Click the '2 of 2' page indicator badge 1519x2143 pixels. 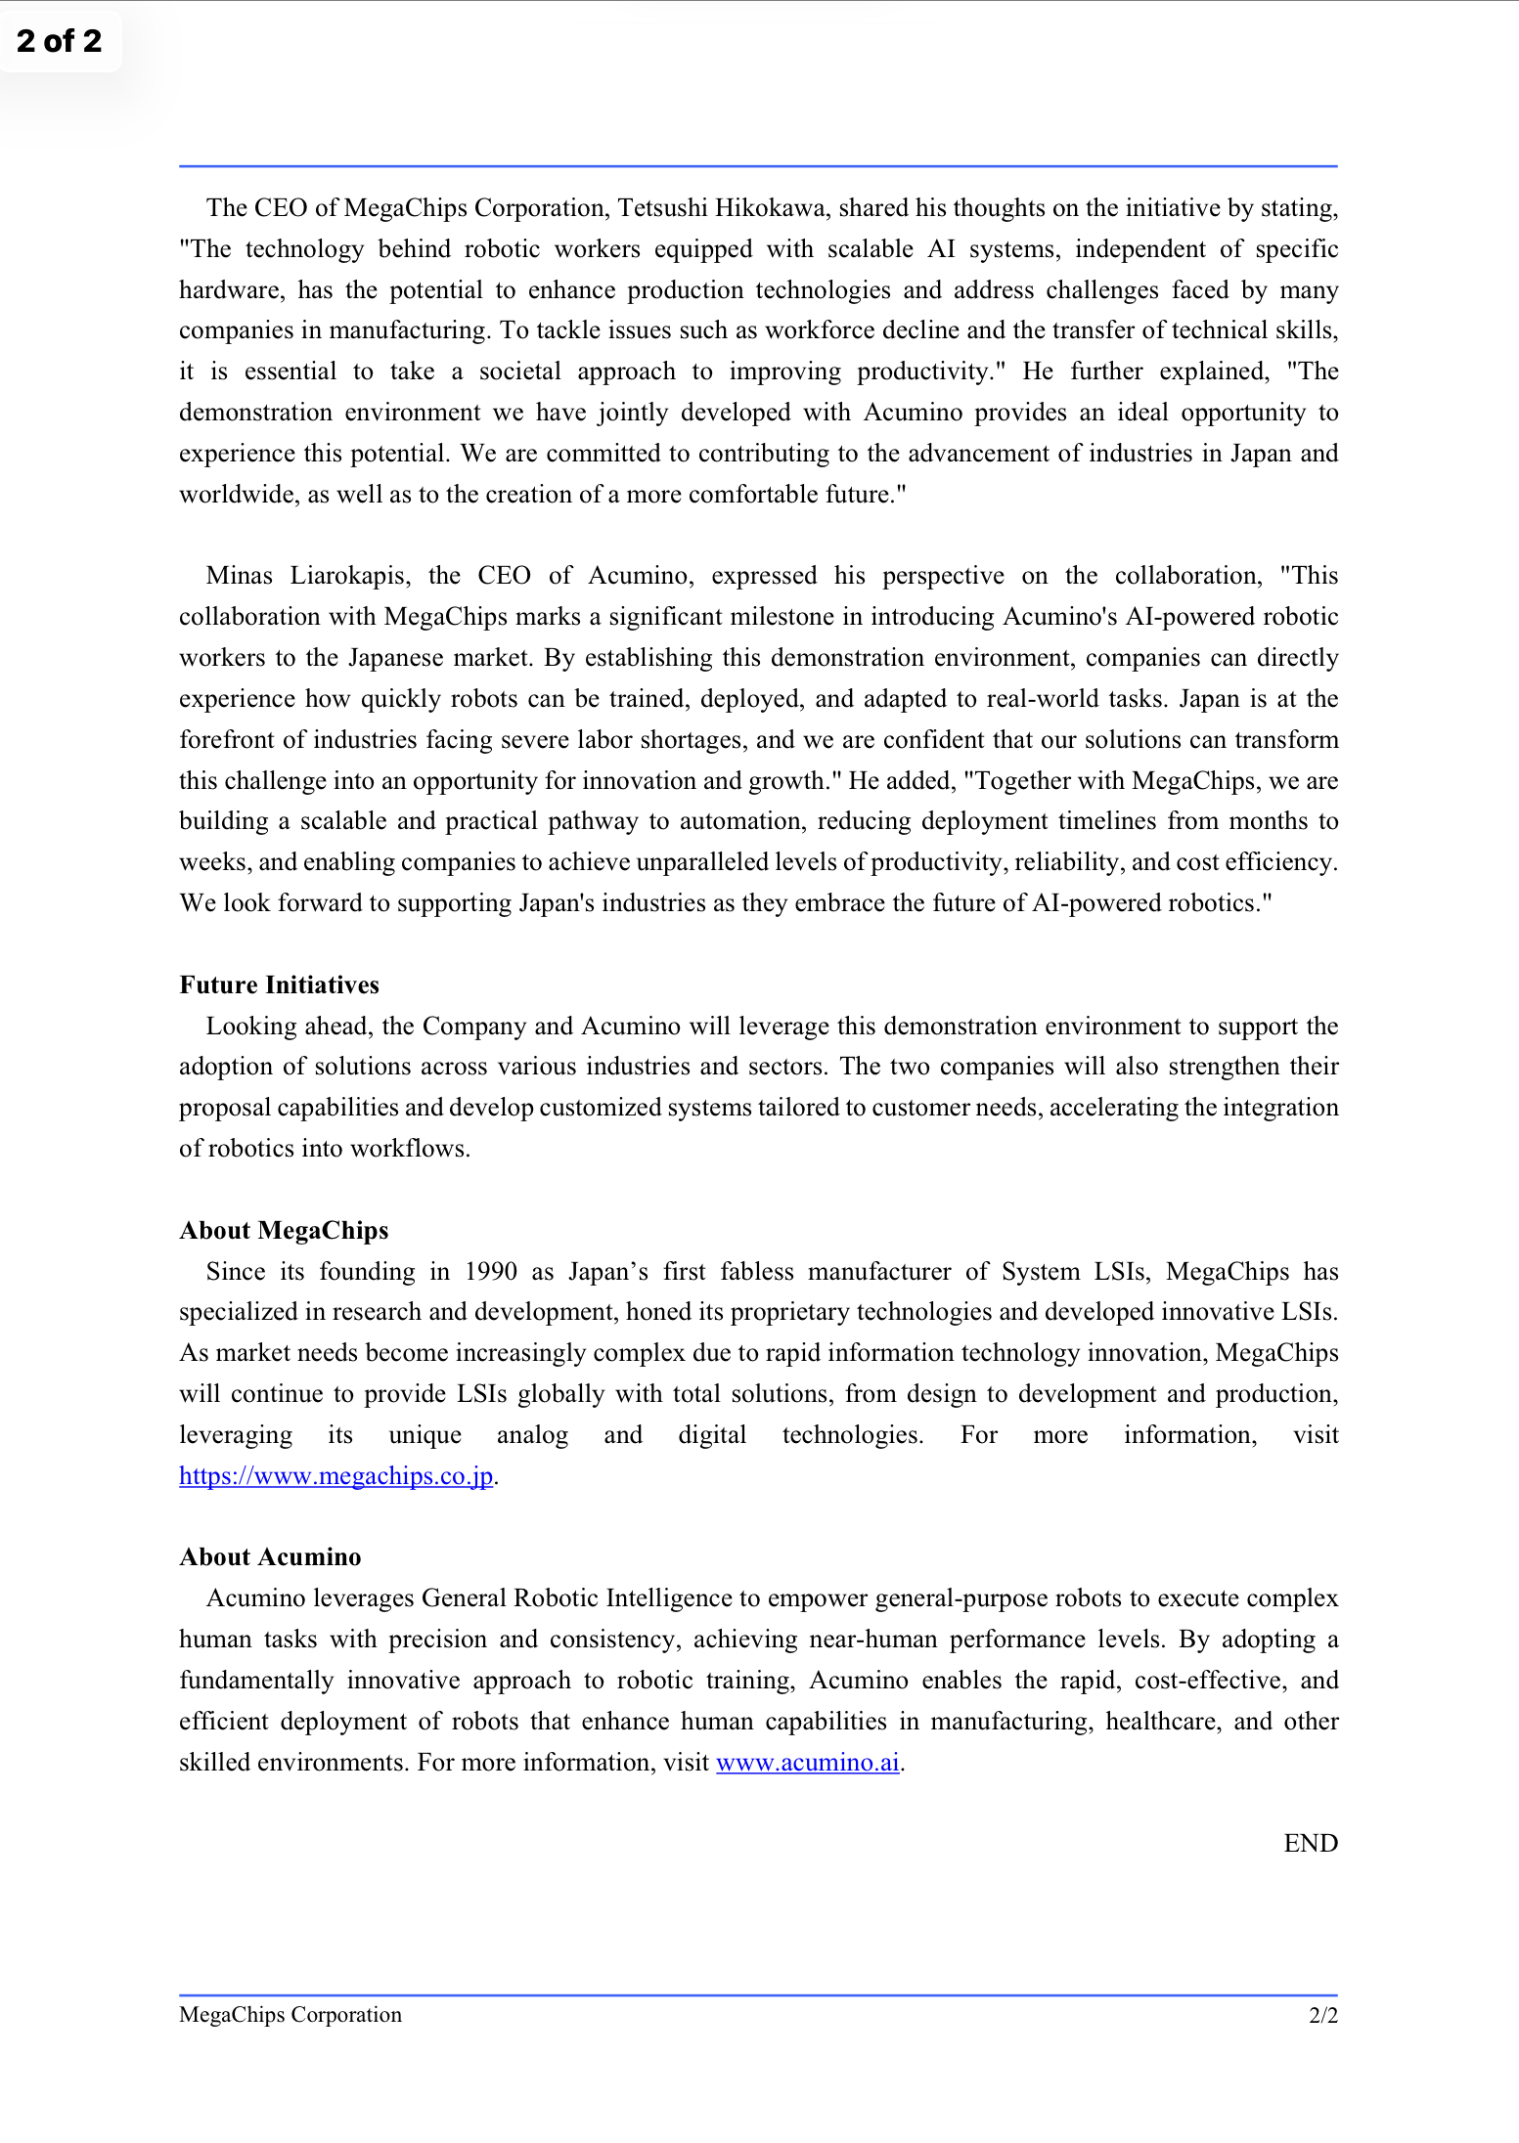coord(60,41)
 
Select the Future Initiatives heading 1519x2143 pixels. coord(279,984)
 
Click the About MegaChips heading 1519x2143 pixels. coord(284,1230)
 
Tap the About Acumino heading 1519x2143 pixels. coord(270,1556)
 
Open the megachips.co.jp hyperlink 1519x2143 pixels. coord(335,1475)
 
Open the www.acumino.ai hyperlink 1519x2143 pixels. coord(807,1762)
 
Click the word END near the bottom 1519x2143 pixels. coord(1310,1843)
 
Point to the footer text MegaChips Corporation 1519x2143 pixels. coord(290,2014)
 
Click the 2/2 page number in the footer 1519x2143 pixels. coord(1322,2014)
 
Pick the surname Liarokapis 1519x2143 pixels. coord(347,576)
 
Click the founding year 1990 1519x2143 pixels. coord(490,1271)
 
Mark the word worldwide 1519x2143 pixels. coord(239,495)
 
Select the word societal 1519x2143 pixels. coord(520,372)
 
